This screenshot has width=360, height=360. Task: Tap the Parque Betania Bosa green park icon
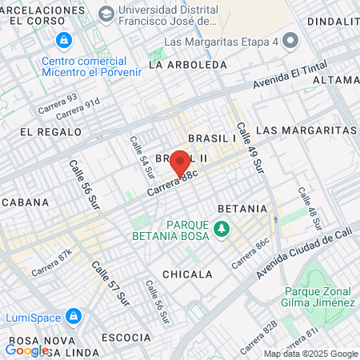pyautogui.click(x=222, y=230)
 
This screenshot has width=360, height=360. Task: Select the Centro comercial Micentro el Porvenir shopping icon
pyautogui.click(x=62, y=39)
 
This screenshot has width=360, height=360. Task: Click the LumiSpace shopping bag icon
pyautogui.click(x=74, y=317)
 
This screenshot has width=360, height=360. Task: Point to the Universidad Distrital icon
pyautogui.click(x=106, y=14)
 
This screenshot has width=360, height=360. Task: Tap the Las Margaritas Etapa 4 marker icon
pyautogui.click(x=290, y=41)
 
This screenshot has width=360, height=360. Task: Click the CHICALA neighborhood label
pyautogui.click(x=187, y=274)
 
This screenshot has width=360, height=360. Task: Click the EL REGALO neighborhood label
pyautogui.click(x=50, y=131)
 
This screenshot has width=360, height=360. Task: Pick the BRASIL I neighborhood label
pyautogui.click(x=213, y=138)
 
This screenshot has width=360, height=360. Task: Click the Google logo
pyautogui.click(x=26, y=350)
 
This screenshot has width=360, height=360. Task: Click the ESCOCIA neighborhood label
pyautogui.click(x=126, y=338)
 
